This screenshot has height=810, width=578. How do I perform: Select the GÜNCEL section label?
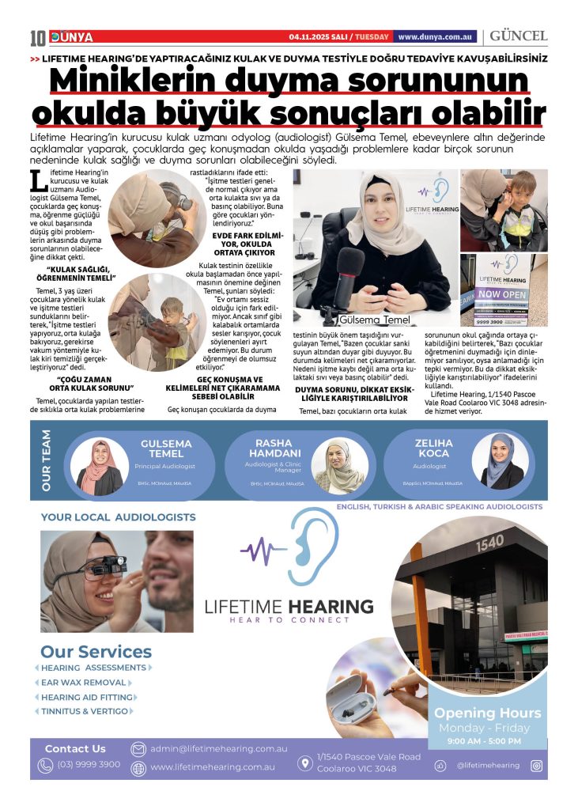(519, 36)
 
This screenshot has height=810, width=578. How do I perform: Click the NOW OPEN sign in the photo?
(503, 293)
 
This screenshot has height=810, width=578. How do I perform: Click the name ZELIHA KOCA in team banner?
(433, 449)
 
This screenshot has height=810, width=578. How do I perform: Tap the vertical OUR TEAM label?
(47, 460)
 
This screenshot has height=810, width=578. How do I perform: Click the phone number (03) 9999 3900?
(89, 764)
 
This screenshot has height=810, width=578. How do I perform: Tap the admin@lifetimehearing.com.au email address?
(219, 748)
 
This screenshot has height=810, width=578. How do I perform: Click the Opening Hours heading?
(487, 713)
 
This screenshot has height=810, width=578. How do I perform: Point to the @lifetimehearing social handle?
(489, 765)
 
